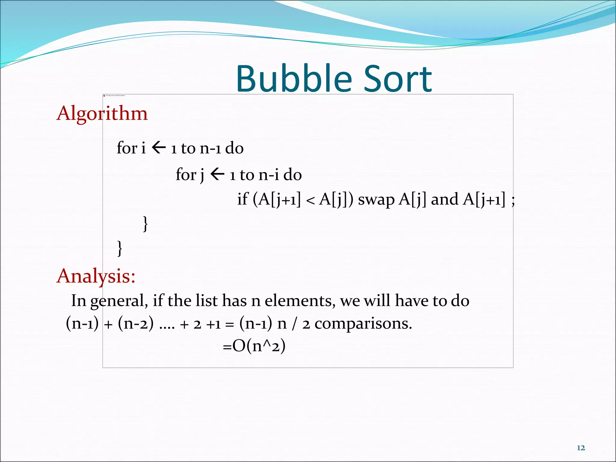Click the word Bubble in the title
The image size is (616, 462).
294,79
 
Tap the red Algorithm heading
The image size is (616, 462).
102,113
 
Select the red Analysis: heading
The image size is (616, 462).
96,276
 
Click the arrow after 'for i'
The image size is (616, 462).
159,148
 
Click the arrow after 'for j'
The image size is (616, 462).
217,174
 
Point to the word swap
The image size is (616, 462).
376,199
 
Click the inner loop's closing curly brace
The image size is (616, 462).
145,224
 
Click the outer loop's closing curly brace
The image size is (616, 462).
120,248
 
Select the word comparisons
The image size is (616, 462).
363,324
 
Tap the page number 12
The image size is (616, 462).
581,448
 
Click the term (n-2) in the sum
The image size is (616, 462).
136,324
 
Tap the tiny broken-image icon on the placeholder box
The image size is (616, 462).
104,96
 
